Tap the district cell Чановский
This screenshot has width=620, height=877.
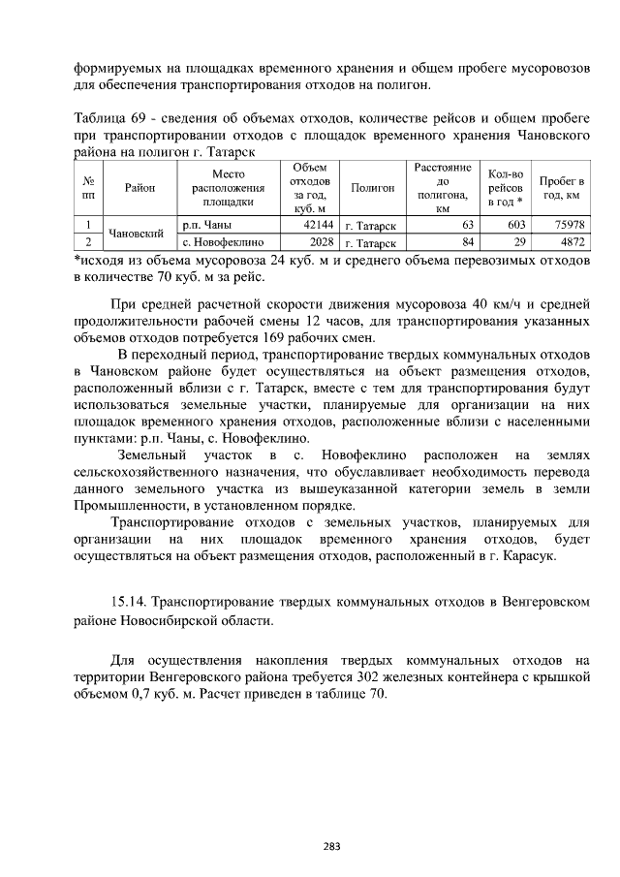134,234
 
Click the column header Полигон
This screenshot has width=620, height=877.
373,188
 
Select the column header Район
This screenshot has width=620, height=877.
139,188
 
